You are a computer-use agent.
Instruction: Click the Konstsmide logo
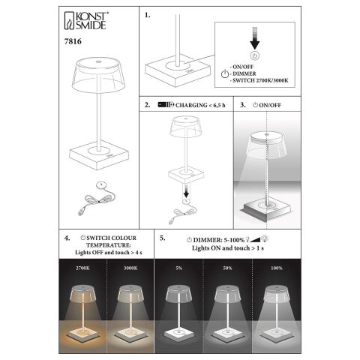[x=86, y=20]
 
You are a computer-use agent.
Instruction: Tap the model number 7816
[x=73, y=41]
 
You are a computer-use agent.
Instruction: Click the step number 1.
[x=148, y=15]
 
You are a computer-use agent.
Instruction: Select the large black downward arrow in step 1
[x=255, y=38]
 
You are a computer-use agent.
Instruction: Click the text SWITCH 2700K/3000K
[x=260, y=80]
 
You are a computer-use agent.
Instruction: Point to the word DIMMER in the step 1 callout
[x=244, y=73]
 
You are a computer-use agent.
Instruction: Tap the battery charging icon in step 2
[x=166, y=104]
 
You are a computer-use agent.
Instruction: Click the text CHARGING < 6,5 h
[x=200, y=105]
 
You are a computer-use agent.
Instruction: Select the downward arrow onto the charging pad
[x=186, y=190]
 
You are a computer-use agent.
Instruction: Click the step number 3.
[x=243, y=105]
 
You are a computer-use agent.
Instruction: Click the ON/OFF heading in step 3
[x=270, y=105]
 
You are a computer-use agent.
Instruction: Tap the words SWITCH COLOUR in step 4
[x=112, y=238]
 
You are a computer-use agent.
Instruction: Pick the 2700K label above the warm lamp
[x=82, y=268]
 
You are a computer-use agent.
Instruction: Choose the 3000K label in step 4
[x=130, y=268]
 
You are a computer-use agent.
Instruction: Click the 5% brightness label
[x=178, y=268]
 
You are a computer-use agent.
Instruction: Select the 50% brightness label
[x=227, y=268]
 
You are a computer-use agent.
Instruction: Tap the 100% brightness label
[x=277, y=268]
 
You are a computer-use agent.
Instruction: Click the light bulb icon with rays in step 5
[x=265, y=238]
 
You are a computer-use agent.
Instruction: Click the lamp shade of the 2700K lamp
[x=82, y=294]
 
